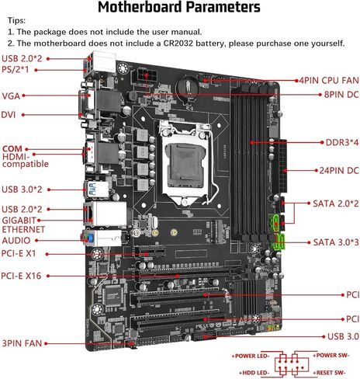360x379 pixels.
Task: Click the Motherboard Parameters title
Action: click(x=180, y=9)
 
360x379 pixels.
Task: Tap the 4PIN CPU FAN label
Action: click(x=328, y=80)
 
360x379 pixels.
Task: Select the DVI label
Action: click(x=9, y=114)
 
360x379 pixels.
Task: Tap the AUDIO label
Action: click(x=17, y=241)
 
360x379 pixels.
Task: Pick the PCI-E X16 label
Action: click(x=22, y=275)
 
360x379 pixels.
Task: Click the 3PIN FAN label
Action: click(x=21, y=342)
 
